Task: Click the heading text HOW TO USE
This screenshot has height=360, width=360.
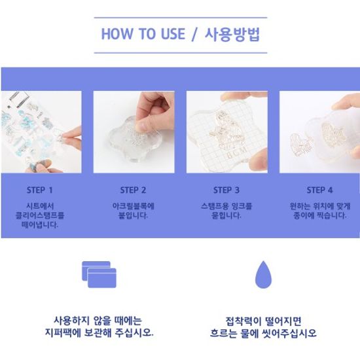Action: point(143,34)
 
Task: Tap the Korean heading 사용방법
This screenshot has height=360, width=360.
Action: point(232,34)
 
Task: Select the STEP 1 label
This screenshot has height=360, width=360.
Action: point(40,190)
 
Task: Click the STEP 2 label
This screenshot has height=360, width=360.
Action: point(133,190)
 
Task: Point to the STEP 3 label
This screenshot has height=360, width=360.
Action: point(226,190)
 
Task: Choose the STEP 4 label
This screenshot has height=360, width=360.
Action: point(319,190)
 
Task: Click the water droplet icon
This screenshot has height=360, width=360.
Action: point(263,274)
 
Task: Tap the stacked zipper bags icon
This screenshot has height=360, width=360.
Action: point(99,274)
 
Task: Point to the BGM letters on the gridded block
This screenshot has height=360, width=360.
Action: point(237,153)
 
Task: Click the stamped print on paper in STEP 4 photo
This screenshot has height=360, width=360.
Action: point(301,145)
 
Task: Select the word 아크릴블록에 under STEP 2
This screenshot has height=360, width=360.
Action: point(133,206)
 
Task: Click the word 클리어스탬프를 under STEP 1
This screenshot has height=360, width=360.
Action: point(40,215)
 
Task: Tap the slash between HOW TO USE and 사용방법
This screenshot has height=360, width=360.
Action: point(194,35)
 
